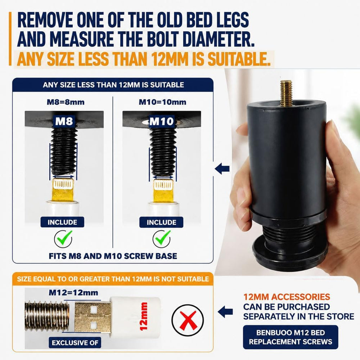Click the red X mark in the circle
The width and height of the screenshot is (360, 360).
[x=188, y=320]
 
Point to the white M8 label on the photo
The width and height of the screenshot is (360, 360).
[x=64, y=121]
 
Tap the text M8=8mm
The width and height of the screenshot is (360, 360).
[x=66, y=102]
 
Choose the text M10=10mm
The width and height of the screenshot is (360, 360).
[x=163, y=102]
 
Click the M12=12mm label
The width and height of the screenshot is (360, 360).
[x=73, y=292]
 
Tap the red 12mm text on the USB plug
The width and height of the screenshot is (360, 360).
[x=144, y=316]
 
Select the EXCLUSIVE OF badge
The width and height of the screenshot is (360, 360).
[x=75, y=343]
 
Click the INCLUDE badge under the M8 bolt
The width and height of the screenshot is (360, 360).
[x=62, y=222]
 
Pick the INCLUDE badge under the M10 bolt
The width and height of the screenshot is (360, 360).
[x=161, y=222]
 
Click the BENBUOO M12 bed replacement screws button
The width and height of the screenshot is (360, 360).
[x=291, y=337]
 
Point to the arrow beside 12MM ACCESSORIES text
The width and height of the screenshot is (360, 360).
[x=225, y=312]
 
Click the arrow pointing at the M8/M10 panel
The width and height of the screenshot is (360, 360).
[x=222, y=169]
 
